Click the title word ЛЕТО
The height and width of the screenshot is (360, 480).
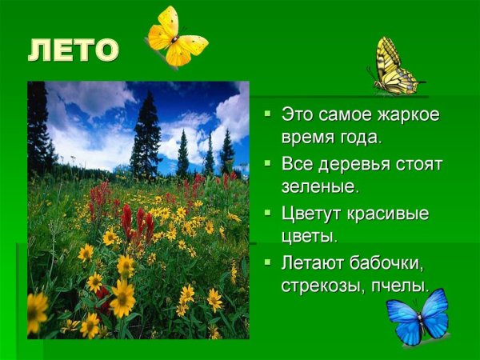[x=73, y=51]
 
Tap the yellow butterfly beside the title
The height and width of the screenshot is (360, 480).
[x=175, y=38]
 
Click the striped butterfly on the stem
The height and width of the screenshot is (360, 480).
[x=397, y=67]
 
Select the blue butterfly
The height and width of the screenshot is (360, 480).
[x=418, y=318]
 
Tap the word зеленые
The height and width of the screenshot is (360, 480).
[x=318, y=188]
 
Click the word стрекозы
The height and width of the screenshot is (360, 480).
[x=324, y=286]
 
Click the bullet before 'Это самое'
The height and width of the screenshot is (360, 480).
[x=268, y=114]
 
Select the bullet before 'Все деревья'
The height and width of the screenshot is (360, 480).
[x=268, y=164]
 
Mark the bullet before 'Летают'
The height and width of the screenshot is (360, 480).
[x=268, y=262]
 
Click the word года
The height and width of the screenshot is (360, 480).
[x=355, y=137]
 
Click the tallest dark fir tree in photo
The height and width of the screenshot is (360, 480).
[x=146, y=136]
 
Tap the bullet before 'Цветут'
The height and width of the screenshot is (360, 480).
[x=268, y=214]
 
